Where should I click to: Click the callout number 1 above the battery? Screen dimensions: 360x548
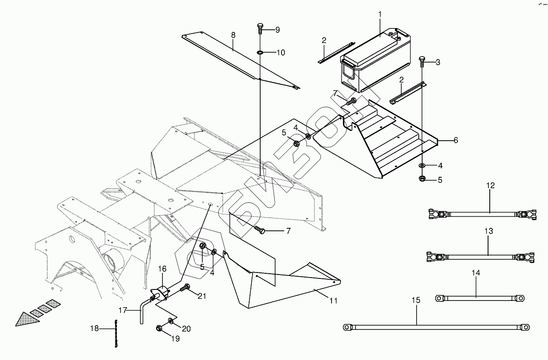pos(380,14)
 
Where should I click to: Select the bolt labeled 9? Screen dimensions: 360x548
pos(260,29)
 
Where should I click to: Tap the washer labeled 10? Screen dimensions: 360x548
pos(260,53)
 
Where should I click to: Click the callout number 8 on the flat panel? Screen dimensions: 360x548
pos(233,35)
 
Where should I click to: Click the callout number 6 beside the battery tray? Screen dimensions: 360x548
pos(455,140)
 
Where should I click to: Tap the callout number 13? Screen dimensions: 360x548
pos(489,231)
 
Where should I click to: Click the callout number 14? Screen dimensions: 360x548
pos(476,273)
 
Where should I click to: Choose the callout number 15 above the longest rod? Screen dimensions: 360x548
pos(416,300)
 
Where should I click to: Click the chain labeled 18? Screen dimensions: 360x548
pos(114,333)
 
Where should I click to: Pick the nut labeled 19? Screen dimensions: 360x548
pos(159,328)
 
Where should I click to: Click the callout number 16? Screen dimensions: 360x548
pos(162,269)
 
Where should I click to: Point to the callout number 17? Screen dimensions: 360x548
pos(122,310)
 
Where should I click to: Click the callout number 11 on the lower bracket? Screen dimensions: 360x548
pos(333,300)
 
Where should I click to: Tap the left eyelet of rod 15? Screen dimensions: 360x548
pos(348,327)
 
